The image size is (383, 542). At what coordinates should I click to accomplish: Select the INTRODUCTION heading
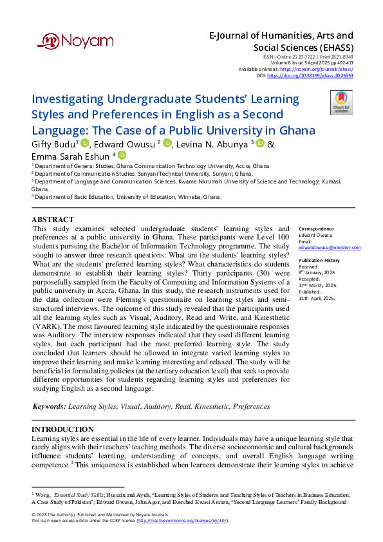[62, 429]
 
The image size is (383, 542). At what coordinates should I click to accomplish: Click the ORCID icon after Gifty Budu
[85, 144]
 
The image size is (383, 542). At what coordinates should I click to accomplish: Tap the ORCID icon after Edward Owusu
[167, 144]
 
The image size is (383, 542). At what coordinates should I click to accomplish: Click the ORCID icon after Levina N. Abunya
[260, 144]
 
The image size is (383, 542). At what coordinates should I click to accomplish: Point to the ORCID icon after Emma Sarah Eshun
[122, 155]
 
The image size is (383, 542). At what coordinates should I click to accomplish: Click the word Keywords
[49, 407]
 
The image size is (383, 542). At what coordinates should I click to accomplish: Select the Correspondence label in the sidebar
[316, 229]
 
